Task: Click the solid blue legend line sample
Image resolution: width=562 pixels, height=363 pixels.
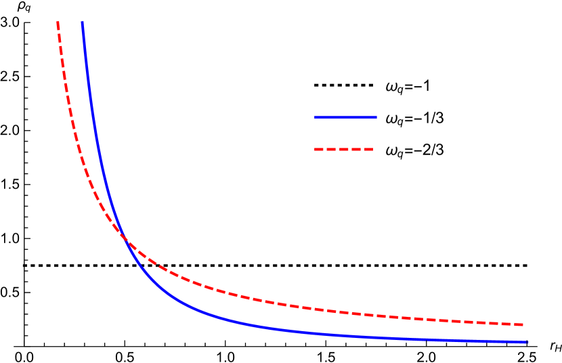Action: tap(345, 117)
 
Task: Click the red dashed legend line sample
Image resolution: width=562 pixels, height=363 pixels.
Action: tap(344, 149)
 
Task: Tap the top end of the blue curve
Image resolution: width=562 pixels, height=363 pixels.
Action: tap(83, 23)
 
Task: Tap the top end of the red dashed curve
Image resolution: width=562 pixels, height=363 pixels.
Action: tap(58, 23)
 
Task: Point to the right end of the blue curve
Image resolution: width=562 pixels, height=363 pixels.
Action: tap(526, 341)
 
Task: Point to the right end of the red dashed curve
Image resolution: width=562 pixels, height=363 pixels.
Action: tap(523, 324)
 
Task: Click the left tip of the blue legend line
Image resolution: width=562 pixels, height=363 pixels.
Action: tap(316, 117)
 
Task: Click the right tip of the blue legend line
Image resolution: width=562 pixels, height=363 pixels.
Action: tap(376, 117)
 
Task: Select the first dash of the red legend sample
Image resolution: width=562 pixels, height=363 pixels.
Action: tap(319, 149)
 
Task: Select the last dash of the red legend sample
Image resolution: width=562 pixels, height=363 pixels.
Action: tap(369, 149)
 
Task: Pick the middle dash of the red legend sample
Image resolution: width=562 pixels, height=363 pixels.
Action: tap(344, 149)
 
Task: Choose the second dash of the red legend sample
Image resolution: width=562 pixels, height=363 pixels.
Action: tap(332, 149)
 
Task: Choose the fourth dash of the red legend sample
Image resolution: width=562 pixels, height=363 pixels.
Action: tap(357, 149)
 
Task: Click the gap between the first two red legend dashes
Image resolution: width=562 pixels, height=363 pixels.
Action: tap(325, 149)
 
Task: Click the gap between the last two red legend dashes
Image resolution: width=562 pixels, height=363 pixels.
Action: tap(363, 149)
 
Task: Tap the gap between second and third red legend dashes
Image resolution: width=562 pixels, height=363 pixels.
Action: tap(338, 149)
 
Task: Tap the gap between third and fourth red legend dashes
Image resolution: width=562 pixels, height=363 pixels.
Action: tap(350, 149)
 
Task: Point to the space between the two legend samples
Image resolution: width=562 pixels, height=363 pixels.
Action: tap(345, 133)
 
